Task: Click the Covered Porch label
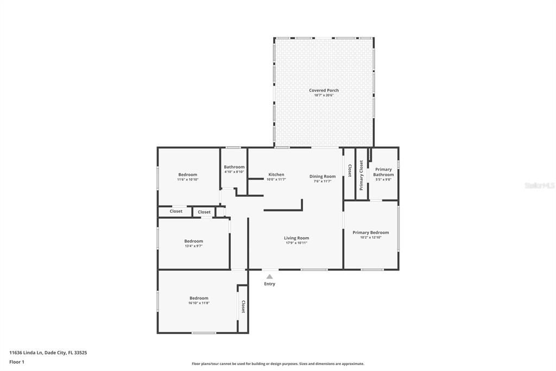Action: tap(324, 90)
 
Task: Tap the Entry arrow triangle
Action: tap(269, 277)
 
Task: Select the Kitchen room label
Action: tap(276, 175)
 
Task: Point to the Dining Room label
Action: tap(323, 176)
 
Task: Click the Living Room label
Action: tap(296, 238)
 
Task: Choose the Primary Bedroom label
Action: tap(370, 232)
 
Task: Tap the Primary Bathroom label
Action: tap(383, 172)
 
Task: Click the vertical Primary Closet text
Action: tap(361, 175)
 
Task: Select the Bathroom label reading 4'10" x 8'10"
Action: tap(234, 172)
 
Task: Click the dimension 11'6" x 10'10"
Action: tap(187, 180)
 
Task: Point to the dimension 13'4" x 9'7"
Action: tap(193, 246)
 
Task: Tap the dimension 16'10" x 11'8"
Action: tap(199, 303)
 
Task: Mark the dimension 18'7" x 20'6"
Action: tap(324, 95)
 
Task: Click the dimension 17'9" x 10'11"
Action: tap(296, 243)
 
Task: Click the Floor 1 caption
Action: tap(17, 362)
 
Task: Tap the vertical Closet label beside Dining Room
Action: tap(349, 170)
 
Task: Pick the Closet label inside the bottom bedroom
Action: tap(243, 306)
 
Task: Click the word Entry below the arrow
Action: tap(269, 284)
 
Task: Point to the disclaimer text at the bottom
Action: tap(277, 364)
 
